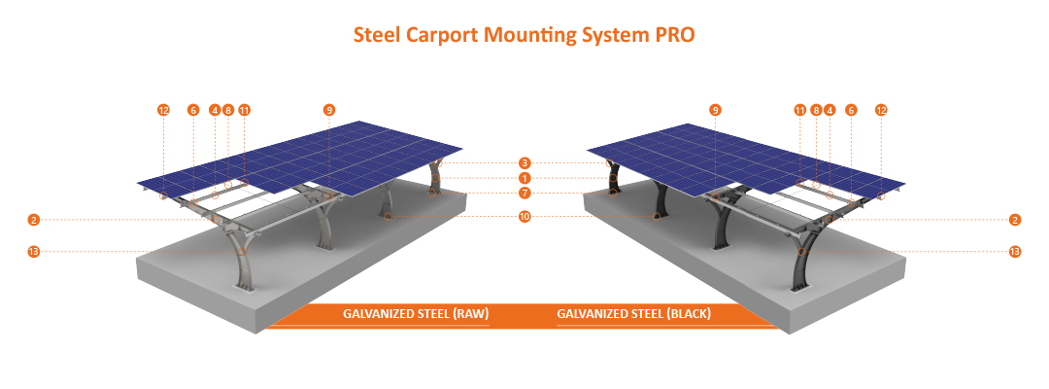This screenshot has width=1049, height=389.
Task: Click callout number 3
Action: pyautogui.click(x=524, y=162)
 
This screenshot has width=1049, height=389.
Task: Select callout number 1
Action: pyautogui.click(x=524, y=178)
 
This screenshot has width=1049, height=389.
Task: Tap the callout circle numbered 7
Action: pyautogui.click(x=524, y=194)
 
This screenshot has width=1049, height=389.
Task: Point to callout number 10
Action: pyautogui.click(x=524, y=217)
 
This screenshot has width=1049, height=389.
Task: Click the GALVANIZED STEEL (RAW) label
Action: pyautogui.click(x=415, y=314)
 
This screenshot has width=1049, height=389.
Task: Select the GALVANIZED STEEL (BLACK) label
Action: pyautogui.click(x=634, y=314)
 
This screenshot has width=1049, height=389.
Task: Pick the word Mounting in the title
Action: pyautogui.click(x=525, y=36)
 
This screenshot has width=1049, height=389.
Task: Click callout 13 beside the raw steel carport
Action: pyautogui.click(x=34, y=252)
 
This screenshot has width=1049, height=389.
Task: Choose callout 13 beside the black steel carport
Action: pyautogui.click(x=1015, y=251)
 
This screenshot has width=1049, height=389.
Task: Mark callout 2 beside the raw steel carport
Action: pyautogui.click(x=34, y=220)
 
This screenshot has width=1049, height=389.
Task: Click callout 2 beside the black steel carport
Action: pyautogui.click(x=1015, y=220)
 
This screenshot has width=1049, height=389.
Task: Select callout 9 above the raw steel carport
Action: pyautogui.click(x=329, y=111)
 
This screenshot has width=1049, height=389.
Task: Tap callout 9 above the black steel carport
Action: pyautogui.click(x=716, y=111)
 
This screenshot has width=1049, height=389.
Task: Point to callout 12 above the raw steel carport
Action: pyautogui.click(x=163, y=111)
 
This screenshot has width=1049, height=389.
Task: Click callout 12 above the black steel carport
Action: pyautogui.click(x=881, y=111)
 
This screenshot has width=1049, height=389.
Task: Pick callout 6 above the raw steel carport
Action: pyautogui.click(x=193, y=111)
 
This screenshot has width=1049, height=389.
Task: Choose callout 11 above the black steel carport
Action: pyautogui.click(x=800, y=111)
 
